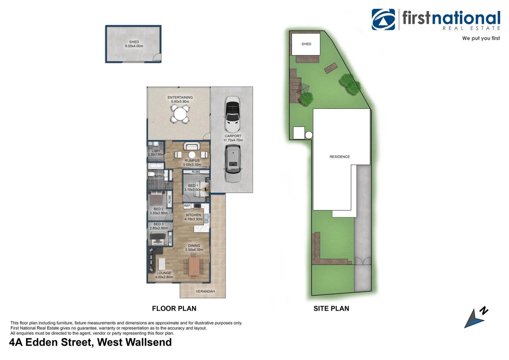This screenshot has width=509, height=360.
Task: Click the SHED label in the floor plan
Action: (134, 42)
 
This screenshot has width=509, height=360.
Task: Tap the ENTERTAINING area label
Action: (180, 97)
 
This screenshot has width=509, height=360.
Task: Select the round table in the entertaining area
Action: (180, 114)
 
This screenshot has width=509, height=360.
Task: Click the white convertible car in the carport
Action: (232, 114)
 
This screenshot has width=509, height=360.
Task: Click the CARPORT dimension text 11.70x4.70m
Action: (233, 140)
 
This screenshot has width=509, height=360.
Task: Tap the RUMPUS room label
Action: (192, 160)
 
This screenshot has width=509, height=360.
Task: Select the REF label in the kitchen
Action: (187, 206)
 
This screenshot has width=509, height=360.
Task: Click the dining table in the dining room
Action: (194, 266)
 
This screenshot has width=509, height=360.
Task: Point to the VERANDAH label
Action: (205, 291)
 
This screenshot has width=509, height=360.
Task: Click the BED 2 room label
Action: (159, 209)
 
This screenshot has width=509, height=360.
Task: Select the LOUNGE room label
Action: (164, 273)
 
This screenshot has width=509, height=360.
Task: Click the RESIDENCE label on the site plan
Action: (340, 157)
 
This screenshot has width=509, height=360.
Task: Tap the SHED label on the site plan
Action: (306, 44)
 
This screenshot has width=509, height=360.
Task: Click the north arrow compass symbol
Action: (475, 318)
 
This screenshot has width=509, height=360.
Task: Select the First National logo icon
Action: (383, 19)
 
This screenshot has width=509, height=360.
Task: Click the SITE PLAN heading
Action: (331, 309)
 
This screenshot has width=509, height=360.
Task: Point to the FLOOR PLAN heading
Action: (174, 309)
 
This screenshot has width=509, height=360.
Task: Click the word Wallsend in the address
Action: (149, 342)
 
